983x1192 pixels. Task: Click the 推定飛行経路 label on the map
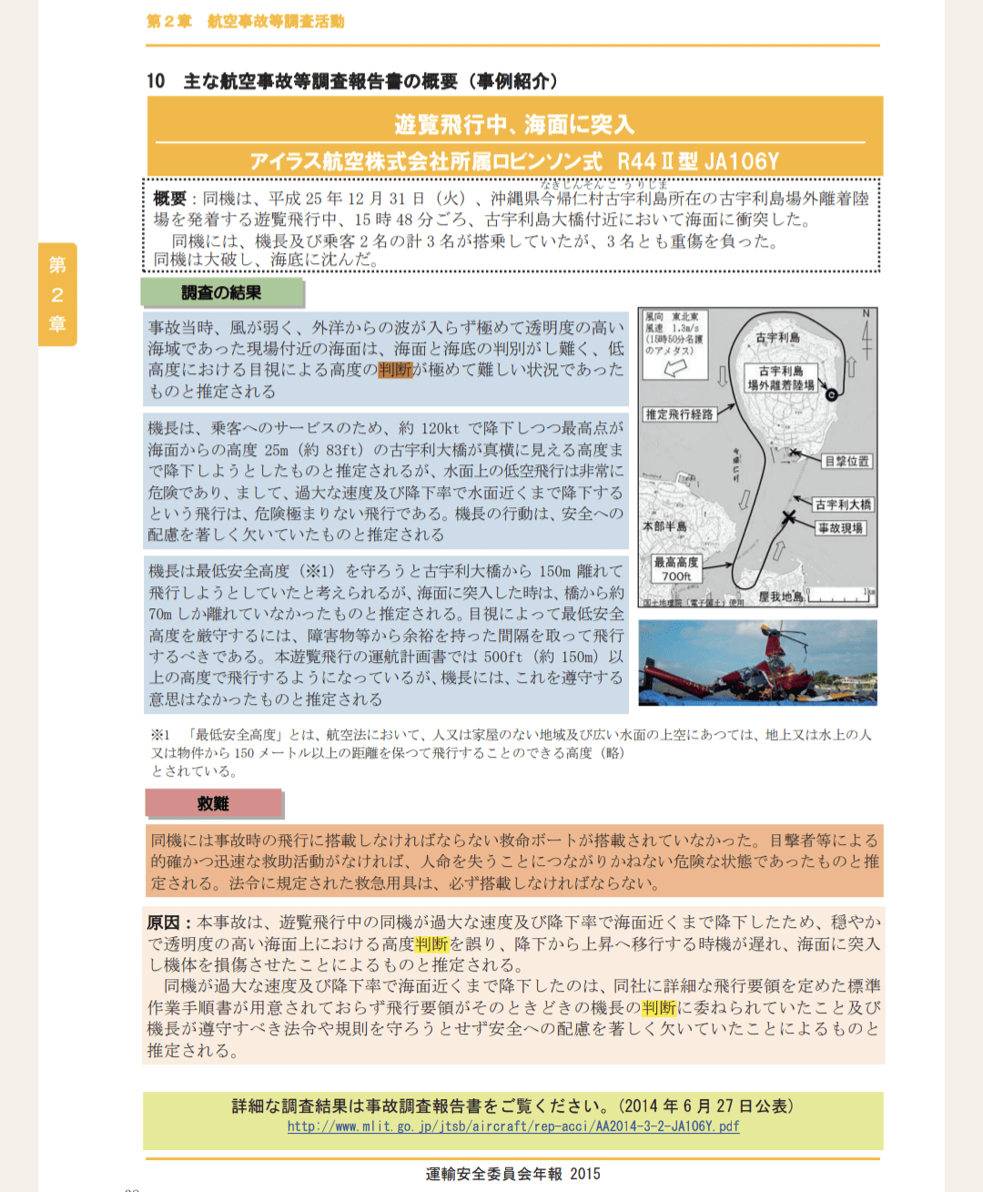click(x=679, y=414)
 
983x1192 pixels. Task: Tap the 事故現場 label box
click(x=840, y=528)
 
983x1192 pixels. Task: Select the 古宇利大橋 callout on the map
click(x=843, y=504)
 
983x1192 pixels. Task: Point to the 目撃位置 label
click(x=846, y=462)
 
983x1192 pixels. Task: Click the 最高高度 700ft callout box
click(x=676, y=569)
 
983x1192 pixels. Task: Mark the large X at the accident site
click(x=789, y=517)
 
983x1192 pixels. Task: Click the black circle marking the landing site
click(x=831, y=394)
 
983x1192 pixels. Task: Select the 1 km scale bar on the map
click(x=841, y=596)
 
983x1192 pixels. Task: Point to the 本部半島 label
click(x=664, y=526)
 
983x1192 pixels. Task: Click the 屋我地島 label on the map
click(x=780, y=596)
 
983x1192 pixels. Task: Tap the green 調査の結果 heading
click(x=221, y=293)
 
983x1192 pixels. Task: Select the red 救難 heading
click(x=213, y=803)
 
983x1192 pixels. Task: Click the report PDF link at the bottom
click(x=513, y=1126)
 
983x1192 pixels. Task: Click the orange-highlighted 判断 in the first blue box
click(x=395, y=370)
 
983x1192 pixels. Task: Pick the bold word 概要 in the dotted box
click(x=169, y=199)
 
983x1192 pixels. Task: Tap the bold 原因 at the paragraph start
click(x=164, y=922)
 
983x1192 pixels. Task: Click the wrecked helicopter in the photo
click(x=765, y=669)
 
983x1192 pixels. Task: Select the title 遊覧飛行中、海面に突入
click(x=514, y=124)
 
